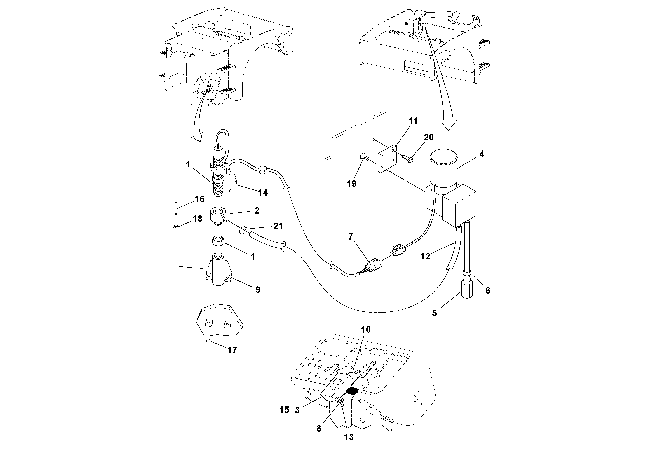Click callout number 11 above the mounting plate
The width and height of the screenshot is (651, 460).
tap(413, 121)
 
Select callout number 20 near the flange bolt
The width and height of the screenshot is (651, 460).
tap(429, 138)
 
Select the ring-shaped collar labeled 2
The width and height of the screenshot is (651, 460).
tap(217, 216)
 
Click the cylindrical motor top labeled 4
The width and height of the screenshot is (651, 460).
tap(444, 167)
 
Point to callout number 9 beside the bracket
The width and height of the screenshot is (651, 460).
tap(257, 290)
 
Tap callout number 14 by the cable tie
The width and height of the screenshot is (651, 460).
tap(263, 193)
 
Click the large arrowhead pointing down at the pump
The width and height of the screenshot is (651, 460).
tap(448, 125)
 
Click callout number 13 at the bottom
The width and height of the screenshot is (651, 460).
tap(349, 437)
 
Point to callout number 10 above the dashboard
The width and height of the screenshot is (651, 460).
tap(366, 330)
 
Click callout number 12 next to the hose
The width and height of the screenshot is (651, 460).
tap(425, 256)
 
